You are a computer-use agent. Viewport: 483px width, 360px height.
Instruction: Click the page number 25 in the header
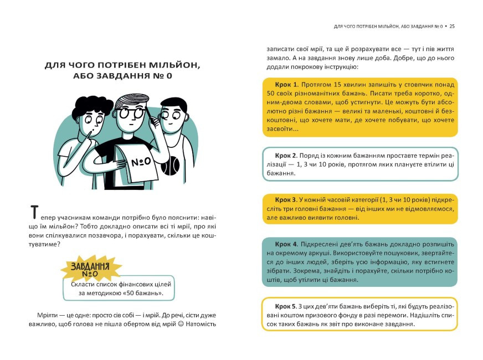click(x=452, y=25)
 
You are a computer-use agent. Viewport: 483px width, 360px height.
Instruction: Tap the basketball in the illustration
click(x=168, y=166)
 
